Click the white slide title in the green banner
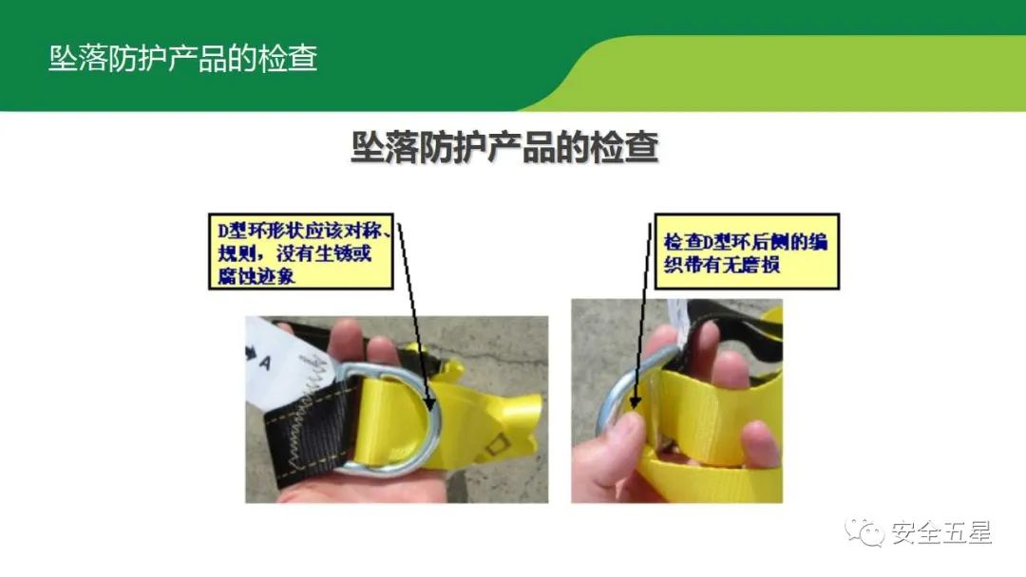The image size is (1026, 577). pyautogui.click(x=182, y=58)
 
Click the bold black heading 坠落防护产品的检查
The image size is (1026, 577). pyautogui.click(x=503, y=149)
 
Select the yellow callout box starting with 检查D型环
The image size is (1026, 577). pyautogui.click(x=746, y=251)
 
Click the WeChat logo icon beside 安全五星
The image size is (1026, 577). pyautogui.click(x=865, y=532)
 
